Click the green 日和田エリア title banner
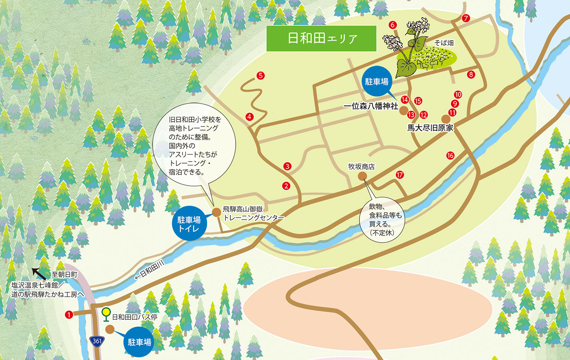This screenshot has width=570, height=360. (x=322, y=38)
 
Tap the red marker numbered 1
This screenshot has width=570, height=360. (x=69, y=315)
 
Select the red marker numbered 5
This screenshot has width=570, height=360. (x=260, y=76)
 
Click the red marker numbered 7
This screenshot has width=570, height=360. (x=466, y=18)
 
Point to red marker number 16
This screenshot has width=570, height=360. (x=450, y=156)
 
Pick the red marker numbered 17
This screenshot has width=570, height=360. (x=400, y=175)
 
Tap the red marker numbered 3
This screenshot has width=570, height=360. (x=287, y=166)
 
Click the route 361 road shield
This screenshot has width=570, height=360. (x=97, y=341)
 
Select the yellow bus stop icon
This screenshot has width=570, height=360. (x=106, y=313)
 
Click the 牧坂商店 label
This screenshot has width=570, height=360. (x=361, y=166)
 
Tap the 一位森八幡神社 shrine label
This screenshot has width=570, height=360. (x=371, y=106)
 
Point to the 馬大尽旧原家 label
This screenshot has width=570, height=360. (x=430, y=128)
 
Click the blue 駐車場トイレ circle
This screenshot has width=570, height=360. (x=189, y=224)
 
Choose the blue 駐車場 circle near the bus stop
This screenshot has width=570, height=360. (x=139, y=342)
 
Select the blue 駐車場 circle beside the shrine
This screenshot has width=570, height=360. (x=376, y=82)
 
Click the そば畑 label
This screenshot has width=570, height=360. (x=444, y=43)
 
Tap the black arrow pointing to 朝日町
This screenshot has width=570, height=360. (x=39, y=273)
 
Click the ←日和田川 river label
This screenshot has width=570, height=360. (x=149, y=270)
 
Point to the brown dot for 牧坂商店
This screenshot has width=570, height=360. (x=362, y=176)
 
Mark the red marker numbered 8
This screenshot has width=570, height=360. (x=471, y=74)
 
